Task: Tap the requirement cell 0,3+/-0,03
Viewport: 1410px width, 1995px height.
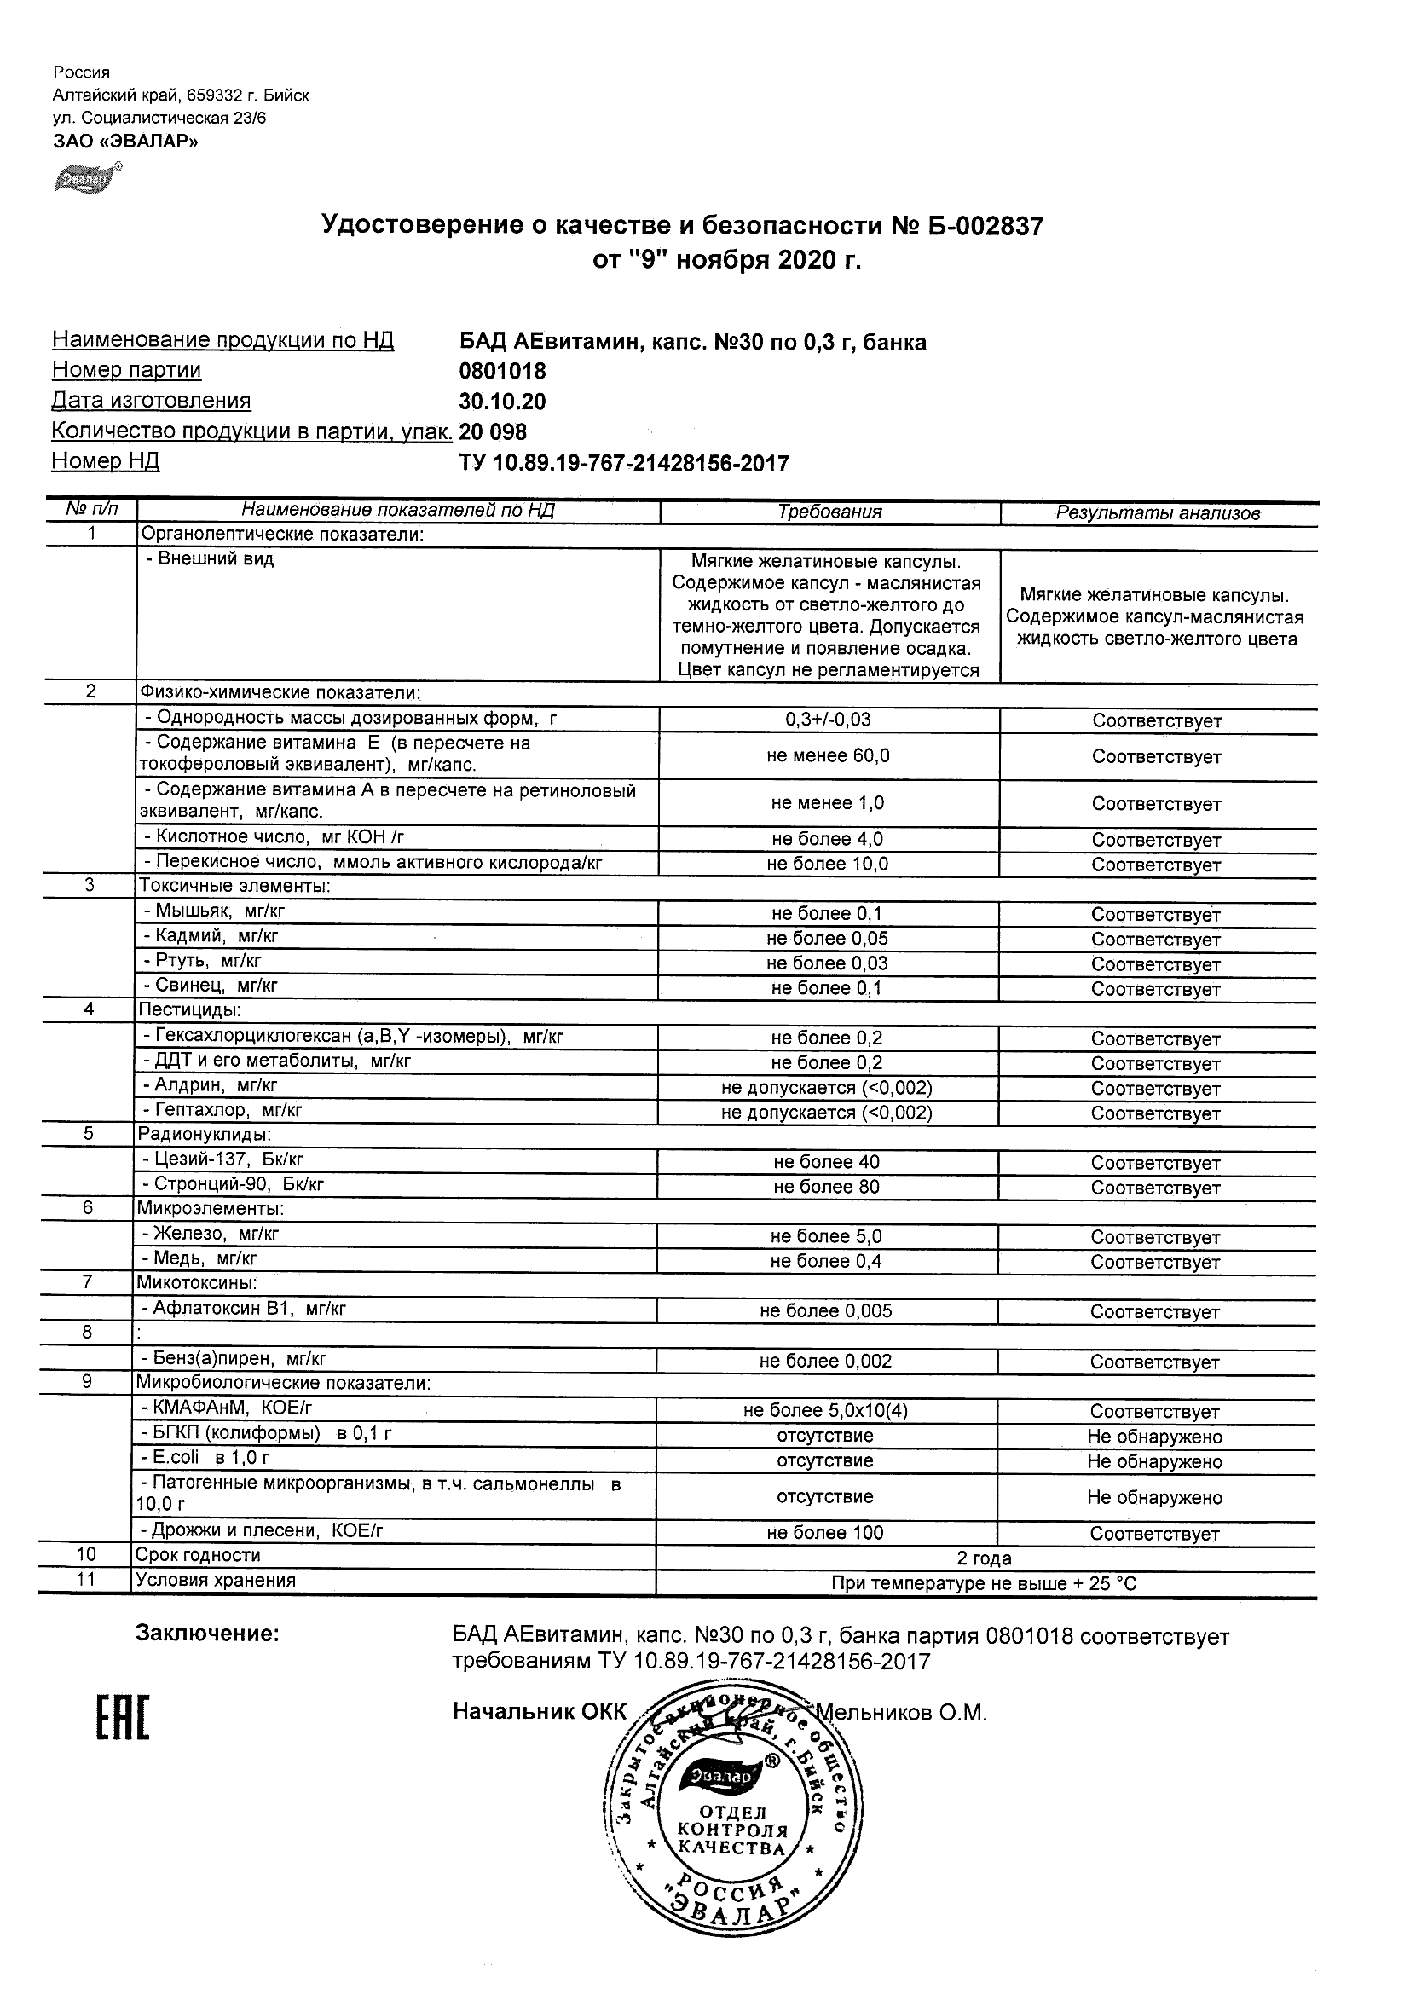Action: pyautogui.click(x=828, y=720)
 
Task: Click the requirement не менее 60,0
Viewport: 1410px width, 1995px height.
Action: pyautogui.click(x=828, y=756)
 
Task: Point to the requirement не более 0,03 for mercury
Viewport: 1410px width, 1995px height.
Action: pyautogui.click(x=827, y=963)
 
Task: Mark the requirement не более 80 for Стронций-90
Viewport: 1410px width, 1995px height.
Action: pyautogui.click(x=826, y=1187)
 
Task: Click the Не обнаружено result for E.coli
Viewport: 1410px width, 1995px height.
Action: pyautogui.click(x=1153, y=1461)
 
